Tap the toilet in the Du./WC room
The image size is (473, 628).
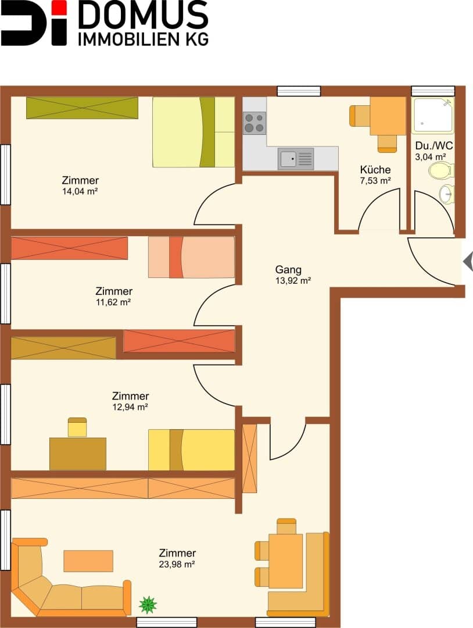[441, 171]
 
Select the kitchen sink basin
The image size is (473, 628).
[288, 159]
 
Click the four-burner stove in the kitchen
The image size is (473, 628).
[255, 123]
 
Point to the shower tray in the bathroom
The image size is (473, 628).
[433, 115]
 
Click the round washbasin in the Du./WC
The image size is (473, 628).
[446, 195]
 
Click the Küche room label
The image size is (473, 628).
[375, 169]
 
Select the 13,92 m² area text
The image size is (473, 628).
[293, 281]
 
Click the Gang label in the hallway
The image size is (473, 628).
[288, 270]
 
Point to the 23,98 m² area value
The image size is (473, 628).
[177, 564]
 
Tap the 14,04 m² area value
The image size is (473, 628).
[80, 191]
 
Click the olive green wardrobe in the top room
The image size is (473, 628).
[82, 108]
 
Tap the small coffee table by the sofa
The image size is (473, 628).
[88, 561]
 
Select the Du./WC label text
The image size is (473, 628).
[434, 145]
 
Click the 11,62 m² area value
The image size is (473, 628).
[113, 302]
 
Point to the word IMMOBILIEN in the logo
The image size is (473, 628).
[129, 40]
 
